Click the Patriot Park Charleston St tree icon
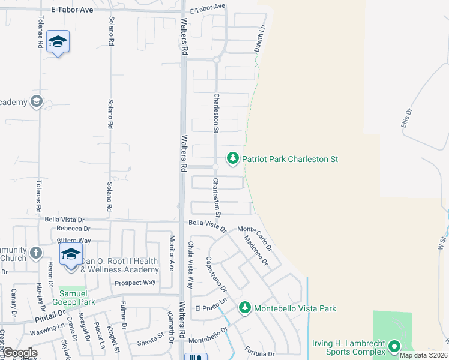(232, 159)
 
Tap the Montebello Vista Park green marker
(245, 308)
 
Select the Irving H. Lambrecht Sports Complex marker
(394, 346)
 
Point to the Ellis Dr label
(407, 119)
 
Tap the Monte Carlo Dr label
(255, 238)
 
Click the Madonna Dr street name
(255, 251)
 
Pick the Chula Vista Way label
(191, 265)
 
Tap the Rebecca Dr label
(73, 229)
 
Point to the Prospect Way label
(135, 283)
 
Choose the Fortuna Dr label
(259, 352)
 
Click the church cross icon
(36, 253)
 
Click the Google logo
(20, 353)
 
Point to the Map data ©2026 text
(423, 355)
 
